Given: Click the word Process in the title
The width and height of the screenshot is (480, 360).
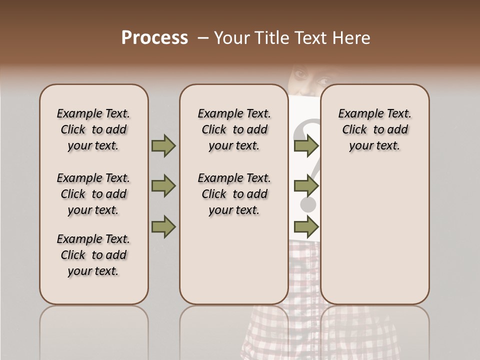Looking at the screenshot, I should [x=154, y=38].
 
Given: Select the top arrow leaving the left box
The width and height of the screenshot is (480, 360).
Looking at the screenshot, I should [x=163, y=146].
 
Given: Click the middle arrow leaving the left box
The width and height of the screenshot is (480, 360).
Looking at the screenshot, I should [x=163, y=186].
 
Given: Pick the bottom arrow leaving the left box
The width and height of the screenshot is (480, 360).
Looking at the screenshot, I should [x=163, y=227].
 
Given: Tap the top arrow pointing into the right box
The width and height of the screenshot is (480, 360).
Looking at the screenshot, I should [x=306, y=146].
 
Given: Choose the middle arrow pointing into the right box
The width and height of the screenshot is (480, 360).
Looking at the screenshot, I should [x=306, y=186].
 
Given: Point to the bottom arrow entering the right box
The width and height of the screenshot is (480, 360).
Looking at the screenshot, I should [x=306, y=227].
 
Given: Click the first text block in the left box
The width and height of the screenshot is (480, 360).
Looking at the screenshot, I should [x=93, y=129].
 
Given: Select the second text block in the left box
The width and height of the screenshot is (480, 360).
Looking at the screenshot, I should [x=93, y=194].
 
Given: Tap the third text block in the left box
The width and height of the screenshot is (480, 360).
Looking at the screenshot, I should [x=93, y=255].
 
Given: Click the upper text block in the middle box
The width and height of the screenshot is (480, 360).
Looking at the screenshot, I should [x=234, y=129].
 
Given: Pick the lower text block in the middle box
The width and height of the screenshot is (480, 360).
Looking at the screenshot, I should [x=234, y=194].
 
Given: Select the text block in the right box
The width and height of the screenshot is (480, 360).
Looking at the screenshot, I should [x=374, y=129].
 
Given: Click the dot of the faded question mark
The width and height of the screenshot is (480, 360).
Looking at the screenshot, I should [x=308, y=203].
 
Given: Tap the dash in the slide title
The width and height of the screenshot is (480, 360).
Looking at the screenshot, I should [x=203, y=38].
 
